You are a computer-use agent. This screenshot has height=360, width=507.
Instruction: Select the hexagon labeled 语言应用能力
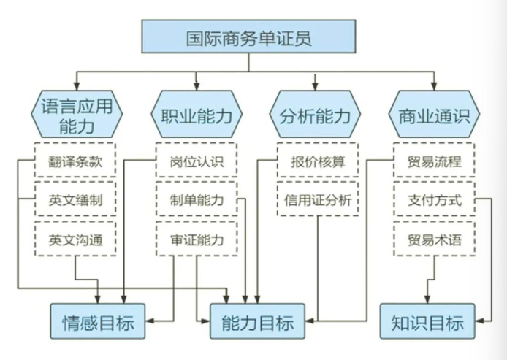pos(76,115)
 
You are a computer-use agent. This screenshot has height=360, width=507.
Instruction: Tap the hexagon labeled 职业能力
pos(196,115)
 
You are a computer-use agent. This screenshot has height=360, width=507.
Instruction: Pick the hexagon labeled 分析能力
pos(315,115)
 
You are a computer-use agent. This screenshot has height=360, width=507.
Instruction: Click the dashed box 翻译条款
pos(75,161)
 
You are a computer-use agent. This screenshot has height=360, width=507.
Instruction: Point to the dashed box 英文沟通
pos(75,239)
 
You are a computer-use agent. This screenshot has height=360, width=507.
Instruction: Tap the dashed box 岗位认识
pos(196,161)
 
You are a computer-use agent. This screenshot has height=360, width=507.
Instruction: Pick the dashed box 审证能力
pos(196,239)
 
